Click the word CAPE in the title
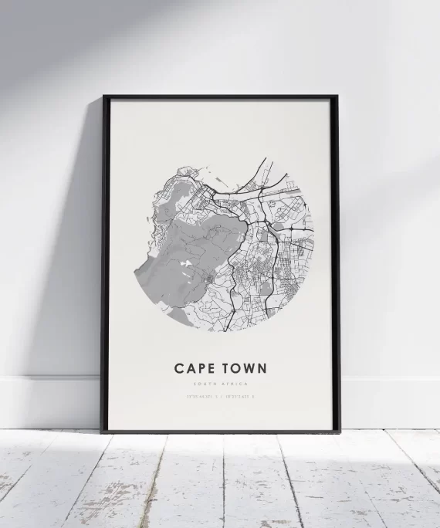[195, 368]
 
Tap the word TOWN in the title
[242, 368]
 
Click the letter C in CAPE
[179, 368]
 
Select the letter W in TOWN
[247, 368]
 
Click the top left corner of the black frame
[104, 97]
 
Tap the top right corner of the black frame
[337, 97]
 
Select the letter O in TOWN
[232, 368]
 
